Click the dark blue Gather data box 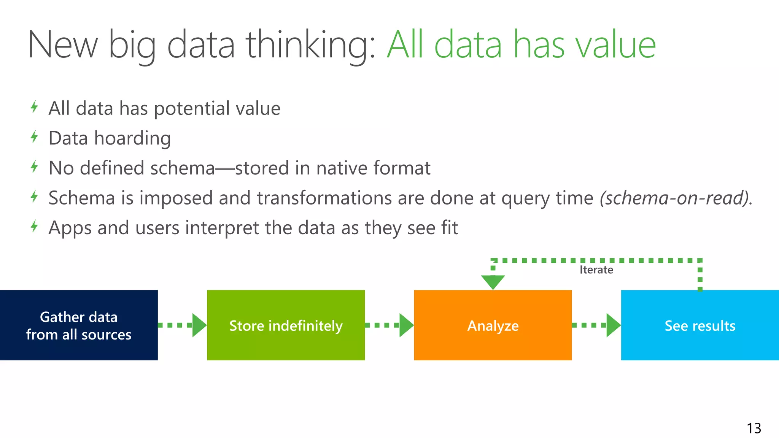[x=79, y=325]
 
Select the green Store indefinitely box [x=286, y=325]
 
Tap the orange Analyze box [x=493, y=325]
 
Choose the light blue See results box [x=700, y=325]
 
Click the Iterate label [x=596, y=270]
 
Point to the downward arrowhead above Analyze [x=493, y=282]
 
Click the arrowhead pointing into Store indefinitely [x=199, y=325]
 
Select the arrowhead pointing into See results [x=613, y=325]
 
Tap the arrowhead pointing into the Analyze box [x=406, y=325]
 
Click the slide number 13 [x=754, y=428]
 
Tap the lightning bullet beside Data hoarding [x=34, y=137]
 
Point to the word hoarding [x=132, y=138]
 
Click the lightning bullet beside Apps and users [x=34, y=227]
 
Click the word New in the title [x=63, y=45]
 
